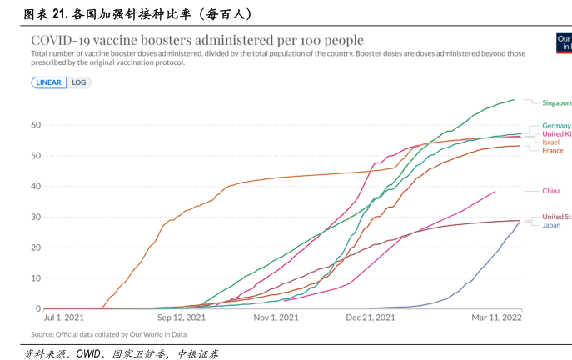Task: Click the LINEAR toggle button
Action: point(49,82)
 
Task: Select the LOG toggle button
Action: point(79,82)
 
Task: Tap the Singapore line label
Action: point(556,103)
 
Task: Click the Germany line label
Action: point(556,126)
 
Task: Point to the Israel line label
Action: point(550,142)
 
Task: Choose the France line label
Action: point(552,151)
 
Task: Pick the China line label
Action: point(551,191)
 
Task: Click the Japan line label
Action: point(551,225)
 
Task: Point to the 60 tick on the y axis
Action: point(37,125)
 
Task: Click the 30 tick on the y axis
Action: point(37,217)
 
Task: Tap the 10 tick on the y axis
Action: point(37,278)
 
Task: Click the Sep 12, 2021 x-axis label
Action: point(181,317)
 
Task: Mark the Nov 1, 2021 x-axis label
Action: point(276,317)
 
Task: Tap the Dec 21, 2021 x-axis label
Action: point(371,317)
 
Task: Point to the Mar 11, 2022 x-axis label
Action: point(498,317)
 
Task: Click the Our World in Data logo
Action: point(564,43)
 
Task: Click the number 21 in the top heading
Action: point(58,14)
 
